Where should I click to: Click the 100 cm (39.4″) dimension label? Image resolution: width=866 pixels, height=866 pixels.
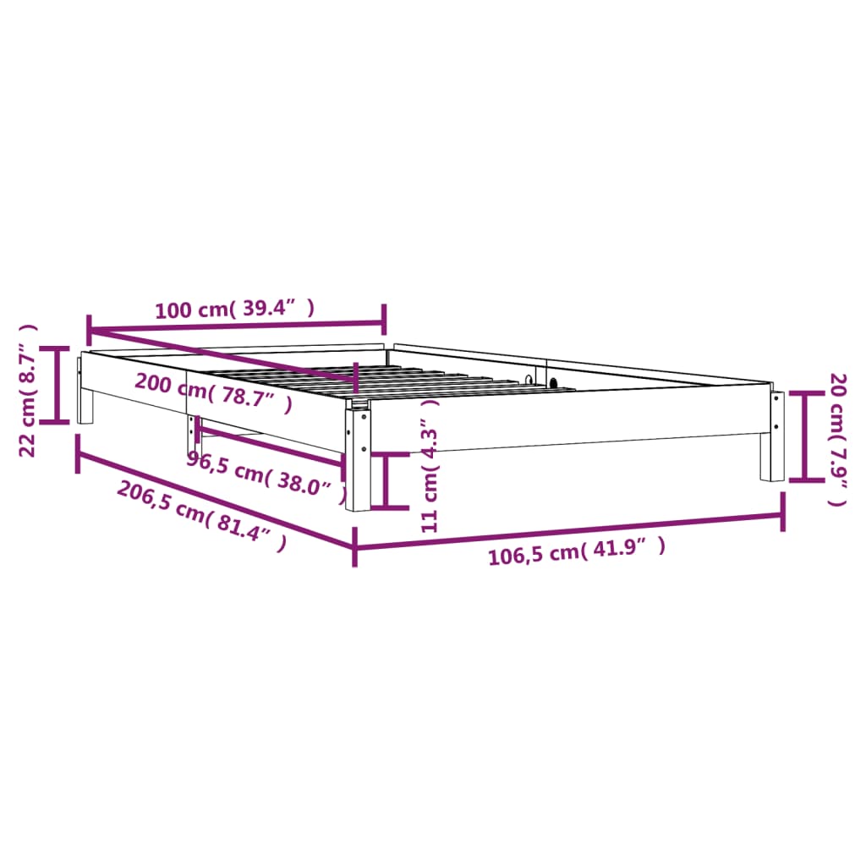point(234,309)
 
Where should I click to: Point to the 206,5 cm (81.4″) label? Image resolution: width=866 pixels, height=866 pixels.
point(201,516)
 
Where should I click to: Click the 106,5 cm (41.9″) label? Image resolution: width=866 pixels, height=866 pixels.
point(577,554)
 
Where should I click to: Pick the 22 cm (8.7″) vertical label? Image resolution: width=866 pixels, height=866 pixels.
point(29,389)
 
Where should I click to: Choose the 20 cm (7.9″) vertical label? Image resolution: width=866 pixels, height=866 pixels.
point(837,439)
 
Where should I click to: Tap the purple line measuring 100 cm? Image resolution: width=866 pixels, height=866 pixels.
point(237,325)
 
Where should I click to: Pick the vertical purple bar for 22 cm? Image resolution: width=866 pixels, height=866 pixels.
point(58,385)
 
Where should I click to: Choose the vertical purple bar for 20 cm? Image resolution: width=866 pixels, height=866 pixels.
point(803,436)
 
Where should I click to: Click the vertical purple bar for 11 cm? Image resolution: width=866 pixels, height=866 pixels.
point(387,480)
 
